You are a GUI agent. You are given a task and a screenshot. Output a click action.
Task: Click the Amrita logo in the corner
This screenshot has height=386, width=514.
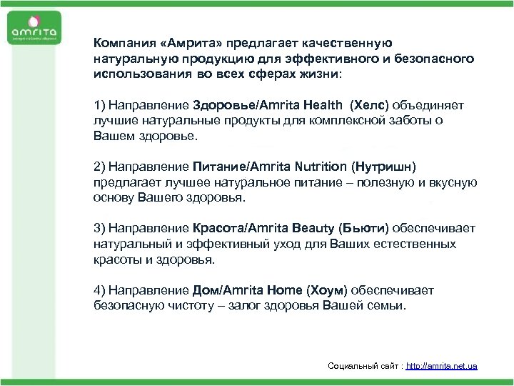click(34, 32)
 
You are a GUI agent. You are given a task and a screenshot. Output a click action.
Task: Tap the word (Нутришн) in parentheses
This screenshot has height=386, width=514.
click(383, 167)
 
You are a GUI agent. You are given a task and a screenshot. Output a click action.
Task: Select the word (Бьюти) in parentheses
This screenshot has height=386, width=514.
click(364, 228)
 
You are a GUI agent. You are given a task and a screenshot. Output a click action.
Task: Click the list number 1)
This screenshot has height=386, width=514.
click(99, 105)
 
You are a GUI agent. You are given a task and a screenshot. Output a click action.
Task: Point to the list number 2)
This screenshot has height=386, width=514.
click(99, 167)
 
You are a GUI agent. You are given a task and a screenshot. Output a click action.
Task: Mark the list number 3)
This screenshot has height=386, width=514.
click(99, 228)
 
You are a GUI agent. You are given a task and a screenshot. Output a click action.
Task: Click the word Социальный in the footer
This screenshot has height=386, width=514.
click(353, 366)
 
